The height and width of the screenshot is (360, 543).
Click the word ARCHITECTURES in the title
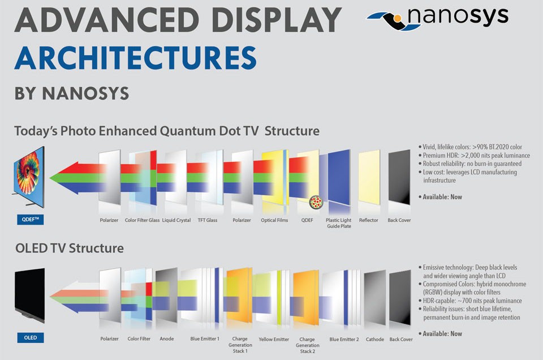pyautogui.click(x=136, y=58)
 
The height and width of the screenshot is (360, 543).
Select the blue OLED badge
pyautogui.click(x=31, y=338)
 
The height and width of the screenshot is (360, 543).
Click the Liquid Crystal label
pyautogui.click(x=176, y=220)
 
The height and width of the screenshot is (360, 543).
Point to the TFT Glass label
pyautogui.click(x=208, y=220)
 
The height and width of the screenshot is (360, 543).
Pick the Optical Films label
pyautogui.click(x=274, y=220)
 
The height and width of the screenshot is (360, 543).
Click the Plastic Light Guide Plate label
pyautogui.click(x=338, y=223)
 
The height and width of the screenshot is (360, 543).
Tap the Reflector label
pyautogui.click(x=368, y=220)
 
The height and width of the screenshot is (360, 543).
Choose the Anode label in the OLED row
pyautogui.click(x=166, y=339)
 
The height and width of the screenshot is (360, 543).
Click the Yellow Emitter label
pyautogui.click(x=273, y=340)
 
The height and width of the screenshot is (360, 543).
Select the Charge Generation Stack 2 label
pyautogui.click(x=307, y=345)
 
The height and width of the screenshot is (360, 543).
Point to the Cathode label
pyautogui.click(x=374, y=340)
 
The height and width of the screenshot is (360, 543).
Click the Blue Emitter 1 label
pyautogui.click(x=204, y=339)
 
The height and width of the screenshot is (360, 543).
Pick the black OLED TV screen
pyautogui.click(x=28, y=294)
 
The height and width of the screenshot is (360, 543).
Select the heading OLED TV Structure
pyautogui.click(x=69, y=248)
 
